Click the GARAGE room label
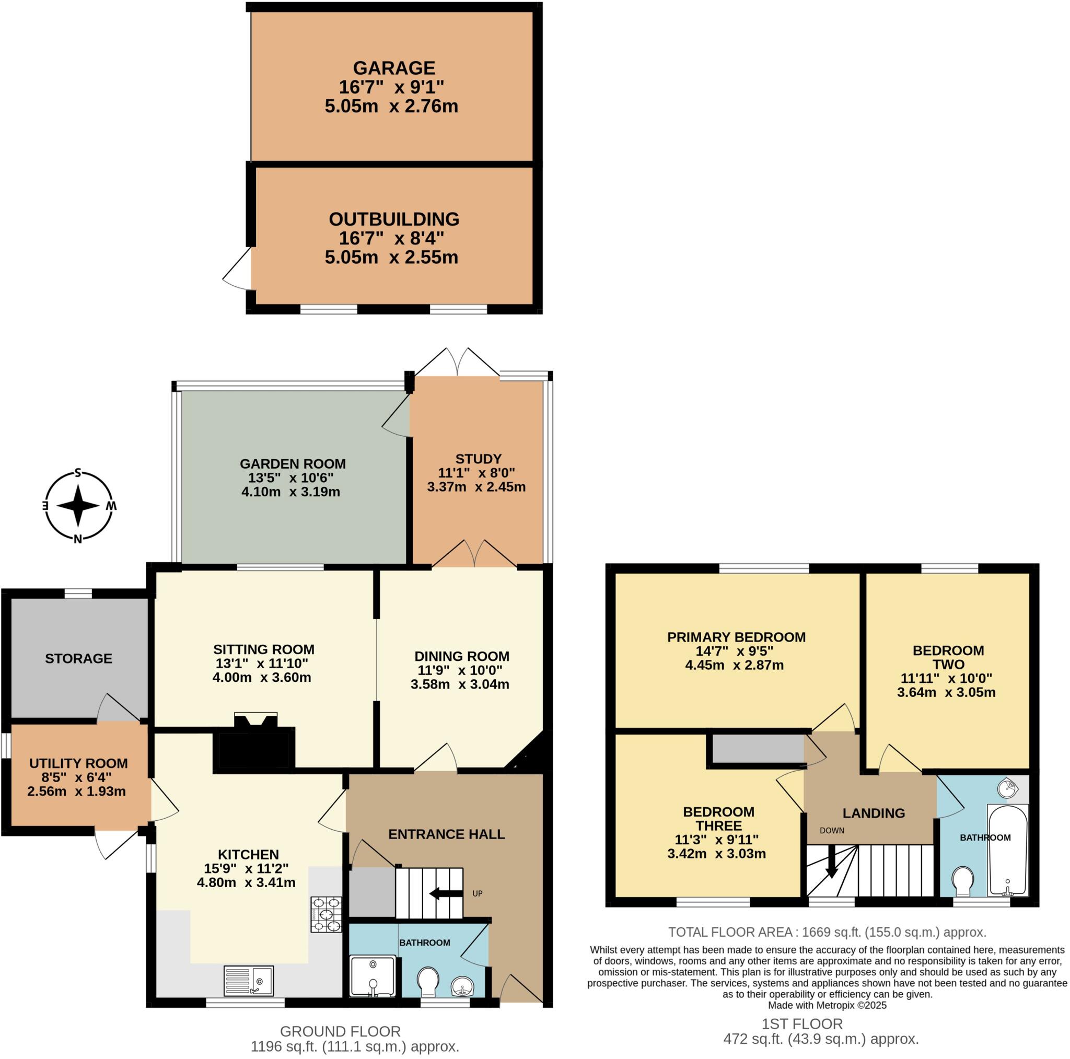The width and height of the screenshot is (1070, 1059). (394, 68)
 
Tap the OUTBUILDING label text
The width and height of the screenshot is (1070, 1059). (394, 219)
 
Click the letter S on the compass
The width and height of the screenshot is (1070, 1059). (78, 472)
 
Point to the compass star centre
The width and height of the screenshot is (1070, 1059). (78, 505)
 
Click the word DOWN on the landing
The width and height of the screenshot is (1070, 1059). (832, 831)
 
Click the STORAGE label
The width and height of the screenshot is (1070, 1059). (79, 659)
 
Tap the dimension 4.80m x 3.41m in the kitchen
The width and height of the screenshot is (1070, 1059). (246, 883)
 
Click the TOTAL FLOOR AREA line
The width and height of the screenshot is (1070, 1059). (827, 932)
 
